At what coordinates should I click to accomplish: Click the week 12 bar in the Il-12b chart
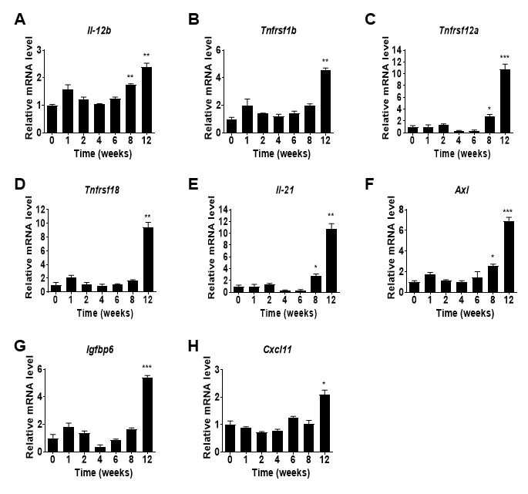tap(146, 99)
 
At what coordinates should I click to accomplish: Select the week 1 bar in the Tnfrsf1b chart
tap(247, 119)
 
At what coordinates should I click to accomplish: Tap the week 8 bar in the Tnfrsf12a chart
tap(489, 124)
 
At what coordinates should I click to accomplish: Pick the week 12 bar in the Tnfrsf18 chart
tap(148, 260)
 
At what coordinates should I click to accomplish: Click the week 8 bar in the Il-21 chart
tap(315, 284)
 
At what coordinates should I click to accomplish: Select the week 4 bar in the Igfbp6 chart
tap(100, 449)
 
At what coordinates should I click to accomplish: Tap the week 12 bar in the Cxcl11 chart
tap(325, 423)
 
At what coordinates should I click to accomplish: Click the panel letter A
tap(20, 19)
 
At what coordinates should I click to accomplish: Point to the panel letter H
tap(193, 346)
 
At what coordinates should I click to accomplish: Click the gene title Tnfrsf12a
tap(459, 31)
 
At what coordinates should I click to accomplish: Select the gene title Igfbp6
tap(99, 350)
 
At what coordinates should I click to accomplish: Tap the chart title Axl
tap(462, 190)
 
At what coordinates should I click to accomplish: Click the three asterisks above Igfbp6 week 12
tap(146, 367)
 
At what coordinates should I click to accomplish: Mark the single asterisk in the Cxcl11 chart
tap(324, 384)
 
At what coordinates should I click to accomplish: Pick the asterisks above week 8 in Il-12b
tap(130, 76)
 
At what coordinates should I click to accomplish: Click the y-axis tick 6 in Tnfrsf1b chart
tap(218, 50)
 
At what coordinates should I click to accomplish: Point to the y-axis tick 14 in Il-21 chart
tap(222, 210)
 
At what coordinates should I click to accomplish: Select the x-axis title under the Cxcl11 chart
tap(281, 472)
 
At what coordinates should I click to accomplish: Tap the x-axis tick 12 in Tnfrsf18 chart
tap(148, 299)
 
